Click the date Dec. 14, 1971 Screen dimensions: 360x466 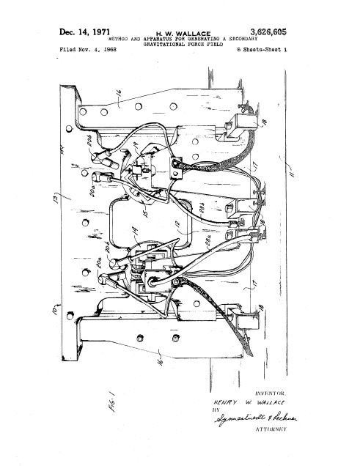click(84, 32)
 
